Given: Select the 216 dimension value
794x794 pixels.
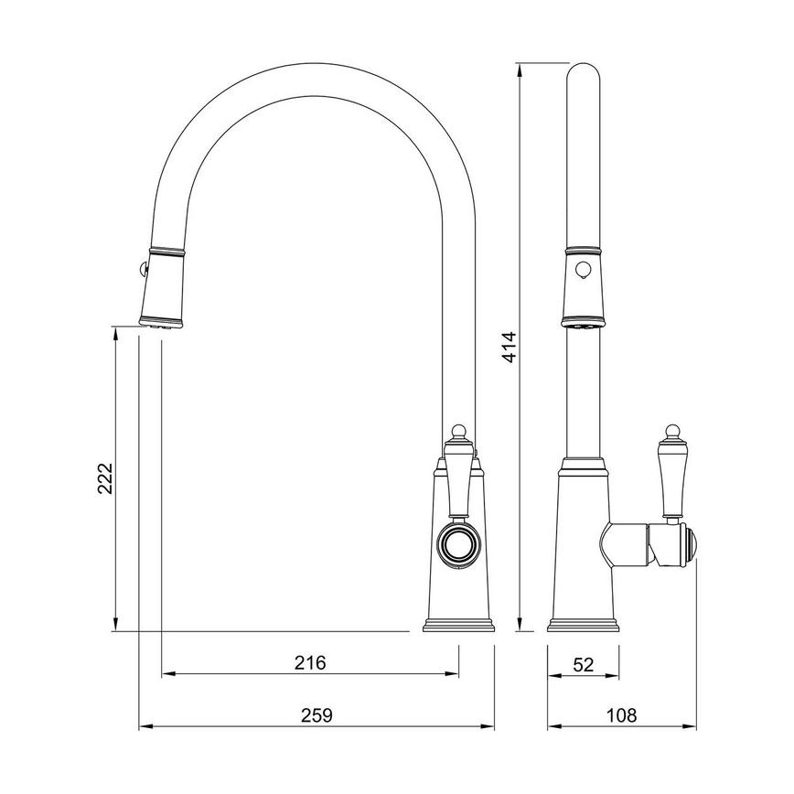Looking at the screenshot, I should [311, 662].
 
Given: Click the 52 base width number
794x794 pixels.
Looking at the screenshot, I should [582, 665].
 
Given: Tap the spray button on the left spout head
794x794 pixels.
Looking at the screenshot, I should [138, 268].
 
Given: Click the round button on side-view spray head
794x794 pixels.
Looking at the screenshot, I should [581, 270].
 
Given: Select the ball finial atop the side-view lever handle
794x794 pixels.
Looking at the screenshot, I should [673, 429].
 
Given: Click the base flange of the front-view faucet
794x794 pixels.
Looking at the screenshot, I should [458, 626].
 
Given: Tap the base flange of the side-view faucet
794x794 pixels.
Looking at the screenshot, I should [582, 626].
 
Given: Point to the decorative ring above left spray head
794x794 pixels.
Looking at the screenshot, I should [166, 250].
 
